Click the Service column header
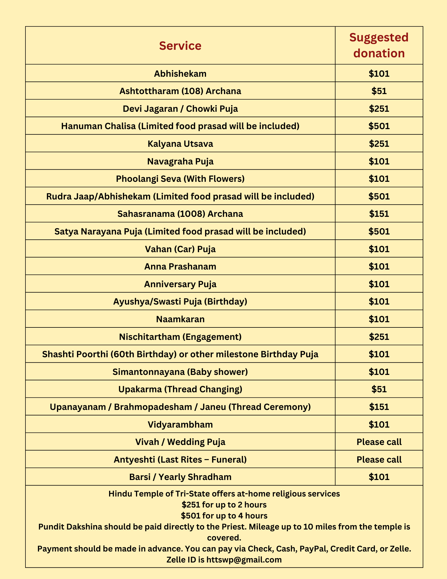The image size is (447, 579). click(180, 46)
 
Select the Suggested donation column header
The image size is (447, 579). click(379, 45)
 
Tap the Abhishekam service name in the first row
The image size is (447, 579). click(180, 74)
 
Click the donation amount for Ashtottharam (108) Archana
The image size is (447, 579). click(379, 91)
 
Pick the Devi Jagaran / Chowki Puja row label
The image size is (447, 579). click(180, 109)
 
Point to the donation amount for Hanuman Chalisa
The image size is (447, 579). click(379, 126)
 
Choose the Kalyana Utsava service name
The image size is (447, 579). click(180, 144)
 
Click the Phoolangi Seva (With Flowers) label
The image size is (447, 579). click(180, 179)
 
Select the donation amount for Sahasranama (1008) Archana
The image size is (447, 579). click(379, 214)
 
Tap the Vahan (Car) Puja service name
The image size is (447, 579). click(180, 249)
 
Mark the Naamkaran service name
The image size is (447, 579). click(180, 319)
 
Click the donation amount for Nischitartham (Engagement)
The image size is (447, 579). click(379, 337)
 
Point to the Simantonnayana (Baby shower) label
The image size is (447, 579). click(180, 372)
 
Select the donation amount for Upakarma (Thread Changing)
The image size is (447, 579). click(379, 389)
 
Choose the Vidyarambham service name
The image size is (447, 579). click(180, 424)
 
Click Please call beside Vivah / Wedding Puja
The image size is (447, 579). click(379, 442)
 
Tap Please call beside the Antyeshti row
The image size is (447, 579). click(379, 459)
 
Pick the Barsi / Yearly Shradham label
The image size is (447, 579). click(180, 477)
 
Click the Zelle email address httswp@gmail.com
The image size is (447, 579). click(244, 560)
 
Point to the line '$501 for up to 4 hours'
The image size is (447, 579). click(224, 516)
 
